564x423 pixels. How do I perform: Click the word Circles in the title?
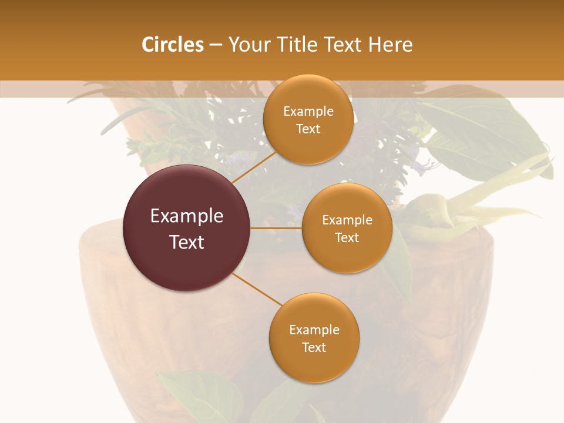click(172, 45)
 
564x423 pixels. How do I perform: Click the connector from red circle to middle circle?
click(276, 228)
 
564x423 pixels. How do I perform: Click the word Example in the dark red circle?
click(187, 216)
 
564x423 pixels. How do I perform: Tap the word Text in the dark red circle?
click(187, 242)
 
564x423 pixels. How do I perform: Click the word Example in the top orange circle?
click(308, 111)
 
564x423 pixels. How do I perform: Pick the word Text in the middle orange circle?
click(347, 237)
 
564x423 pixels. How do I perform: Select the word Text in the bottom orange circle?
click(314, 347)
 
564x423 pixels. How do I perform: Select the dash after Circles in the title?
click(216, 45)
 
